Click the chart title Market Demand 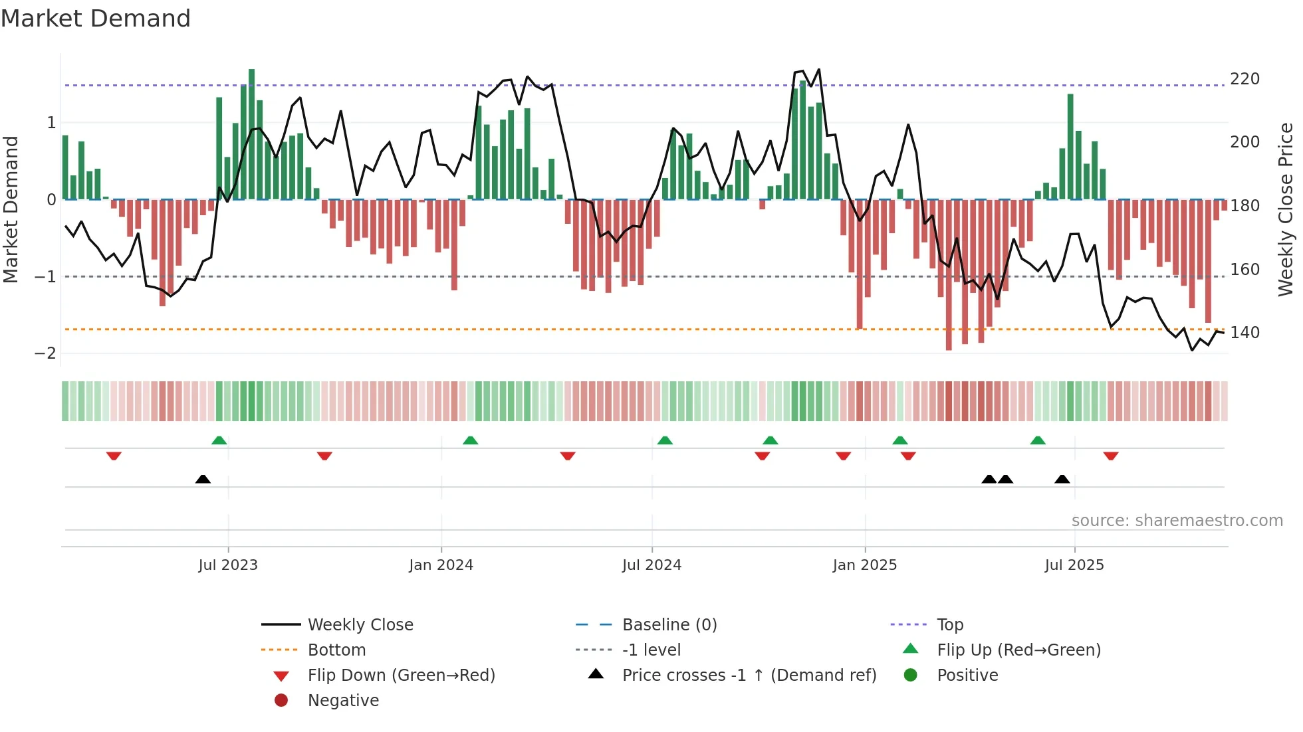tap(96, 19)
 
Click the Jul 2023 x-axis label tap(228, 565)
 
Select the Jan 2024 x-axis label tap(441, 565)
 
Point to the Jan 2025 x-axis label tap(864, 565)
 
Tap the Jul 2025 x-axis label tap(1074, 565)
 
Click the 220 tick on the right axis tap(1244, 79)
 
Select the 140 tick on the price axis tap(1244, 333)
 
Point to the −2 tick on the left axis tap(45, 353)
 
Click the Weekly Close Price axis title tap(1286, 209)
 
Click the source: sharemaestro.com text tap(1177, 521)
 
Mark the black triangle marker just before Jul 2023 tap(203, 480)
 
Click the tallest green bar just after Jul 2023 tap(251, 133)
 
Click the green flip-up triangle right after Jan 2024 tap(470, 440)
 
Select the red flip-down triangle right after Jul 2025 tap(1110, 456)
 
